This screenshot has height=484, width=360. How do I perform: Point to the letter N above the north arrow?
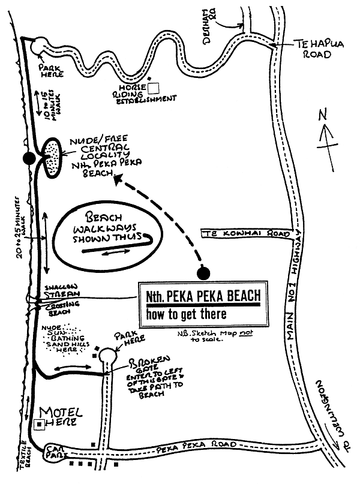pyautogui.click(x=323, y=114)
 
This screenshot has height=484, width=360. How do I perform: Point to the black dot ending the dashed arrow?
pyautogui.click(x=204, y=273)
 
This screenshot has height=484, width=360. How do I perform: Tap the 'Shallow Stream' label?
pyautogui.click(x=59, y=291)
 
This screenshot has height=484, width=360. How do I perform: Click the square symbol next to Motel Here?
pyautogui.click(x=39, y=424)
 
